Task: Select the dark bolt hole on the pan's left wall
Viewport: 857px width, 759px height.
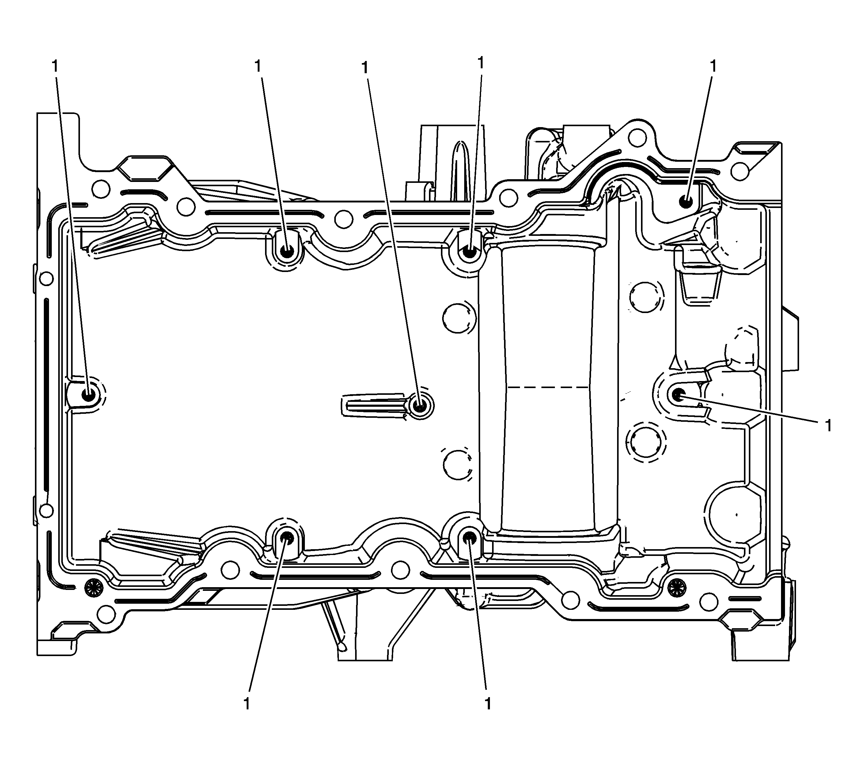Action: pyautogui.click(x=89, y=395)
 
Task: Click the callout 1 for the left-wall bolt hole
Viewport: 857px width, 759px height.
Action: pyautogui.click(x=55, y=66)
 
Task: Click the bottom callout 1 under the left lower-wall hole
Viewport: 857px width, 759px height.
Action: pyautogui.click(x=247, y=704)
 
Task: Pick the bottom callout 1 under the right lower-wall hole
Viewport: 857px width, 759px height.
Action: pyautogui.click(x=487, y=704)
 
